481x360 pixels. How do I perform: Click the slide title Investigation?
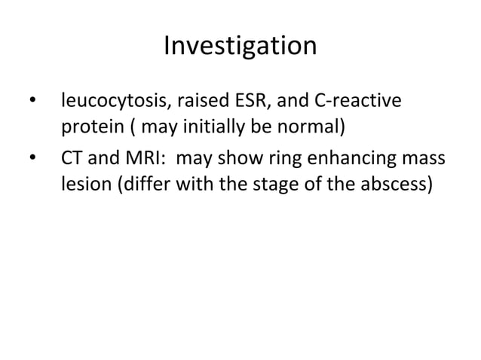[240, 47]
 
